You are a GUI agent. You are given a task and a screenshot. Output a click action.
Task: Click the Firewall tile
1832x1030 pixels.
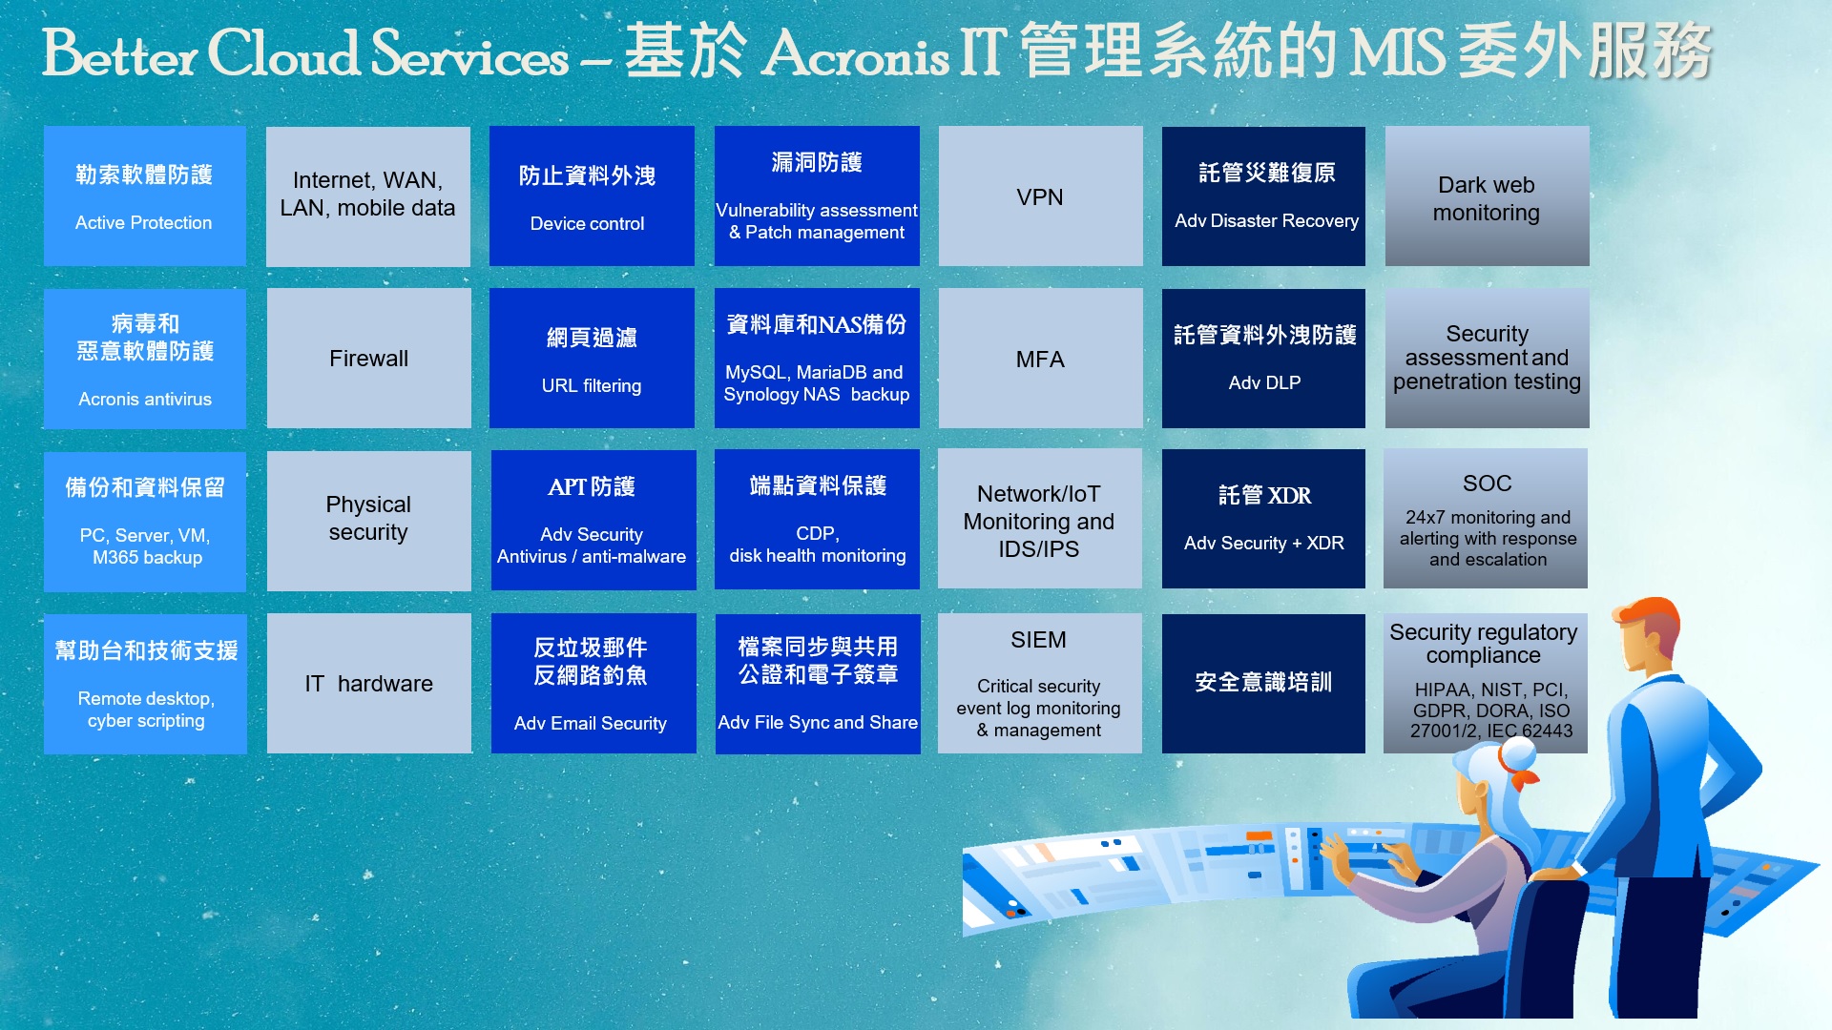coord(368,359)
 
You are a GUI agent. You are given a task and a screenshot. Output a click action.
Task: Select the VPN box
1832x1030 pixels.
coord(1040,196)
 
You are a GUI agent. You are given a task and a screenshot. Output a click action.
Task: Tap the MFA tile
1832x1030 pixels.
coord(1040,359)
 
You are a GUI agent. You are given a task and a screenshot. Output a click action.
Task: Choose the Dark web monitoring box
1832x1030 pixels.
coord(1487,196)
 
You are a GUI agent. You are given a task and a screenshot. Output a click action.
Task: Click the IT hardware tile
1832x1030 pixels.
coord(368,684)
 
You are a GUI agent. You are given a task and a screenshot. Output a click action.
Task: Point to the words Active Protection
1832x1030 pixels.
coord(144,222)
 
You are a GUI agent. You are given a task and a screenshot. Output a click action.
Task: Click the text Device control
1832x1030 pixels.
coord(587,223)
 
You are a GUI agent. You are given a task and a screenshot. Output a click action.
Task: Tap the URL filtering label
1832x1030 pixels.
coord(592,386)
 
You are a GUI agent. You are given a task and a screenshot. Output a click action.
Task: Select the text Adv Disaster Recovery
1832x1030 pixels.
coord(1266,220)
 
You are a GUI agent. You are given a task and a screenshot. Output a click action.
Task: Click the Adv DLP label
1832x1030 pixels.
coord(1264,382)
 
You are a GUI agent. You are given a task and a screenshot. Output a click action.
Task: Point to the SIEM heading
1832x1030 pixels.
coord(1038,640)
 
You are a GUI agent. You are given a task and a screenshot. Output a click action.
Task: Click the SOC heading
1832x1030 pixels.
coord(1487,484)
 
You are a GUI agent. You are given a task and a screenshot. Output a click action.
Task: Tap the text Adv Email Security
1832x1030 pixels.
coord(591,723)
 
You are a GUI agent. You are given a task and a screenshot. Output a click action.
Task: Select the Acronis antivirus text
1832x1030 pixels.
coord(145,399)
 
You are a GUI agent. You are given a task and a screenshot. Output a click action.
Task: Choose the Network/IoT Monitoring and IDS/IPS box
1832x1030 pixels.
coord(1039,521)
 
